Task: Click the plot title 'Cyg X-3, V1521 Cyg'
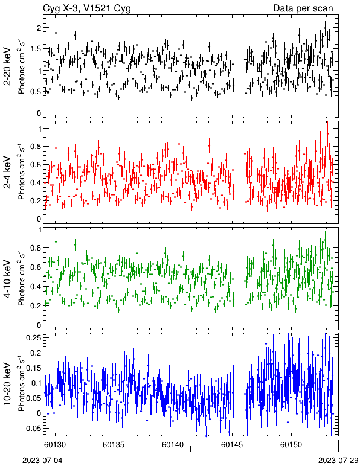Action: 87,8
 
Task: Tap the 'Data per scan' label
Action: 303,8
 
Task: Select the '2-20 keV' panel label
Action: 7,66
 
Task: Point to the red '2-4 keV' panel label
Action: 7,173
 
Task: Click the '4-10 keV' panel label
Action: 7,278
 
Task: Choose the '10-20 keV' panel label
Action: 7,384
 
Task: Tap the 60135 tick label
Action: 114,445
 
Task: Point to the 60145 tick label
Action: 231,445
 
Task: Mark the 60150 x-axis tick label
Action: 291,445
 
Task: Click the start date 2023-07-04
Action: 42,461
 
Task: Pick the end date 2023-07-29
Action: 338,461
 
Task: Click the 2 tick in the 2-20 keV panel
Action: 39,28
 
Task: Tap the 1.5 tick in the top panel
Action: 36,49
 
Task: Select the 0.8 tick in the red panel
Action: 36,147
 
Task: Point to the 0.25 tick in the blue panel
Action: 34,337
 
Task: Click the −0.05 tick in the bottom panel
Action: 31,428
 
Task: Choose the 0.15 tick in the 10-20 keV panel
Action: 34,368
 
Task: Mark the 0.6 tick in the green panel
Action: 36,267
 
